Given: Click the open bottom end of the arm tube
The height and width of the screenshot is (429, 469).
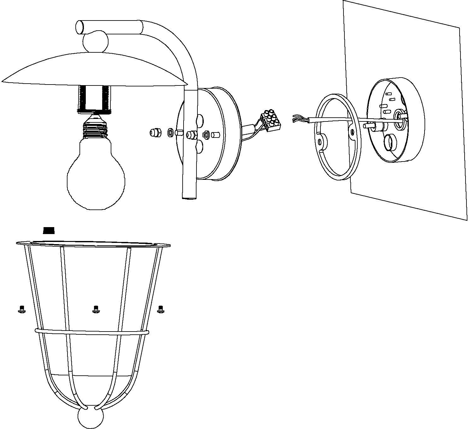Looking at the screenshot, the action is coord(190,198).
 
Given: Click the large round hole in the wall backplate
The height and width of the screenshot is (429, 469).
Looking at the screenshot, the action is coord(390,144).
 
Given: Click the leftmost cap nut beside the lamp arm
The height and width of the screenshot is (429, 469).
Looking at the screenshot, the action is coord(155,132).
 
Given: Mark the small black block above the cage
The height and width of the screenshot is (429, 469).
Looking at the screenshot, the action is coord(49,231).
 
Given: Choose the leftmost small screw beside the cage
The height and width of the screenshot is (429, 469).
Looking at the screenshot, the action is coord(22,309).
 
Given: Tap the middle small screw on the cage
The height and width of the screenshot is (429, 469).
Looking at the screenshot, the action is coord(96,309).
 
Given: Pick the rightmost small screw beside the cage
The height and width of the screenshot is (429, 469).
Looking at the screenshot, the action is coord(161,309).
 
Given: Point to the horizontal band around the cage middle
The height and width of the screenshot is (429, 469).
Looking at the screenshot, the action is coord(91,332).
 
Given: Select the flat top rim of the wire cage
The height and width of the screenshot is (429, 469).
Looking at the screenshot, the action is coord(93,244).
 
